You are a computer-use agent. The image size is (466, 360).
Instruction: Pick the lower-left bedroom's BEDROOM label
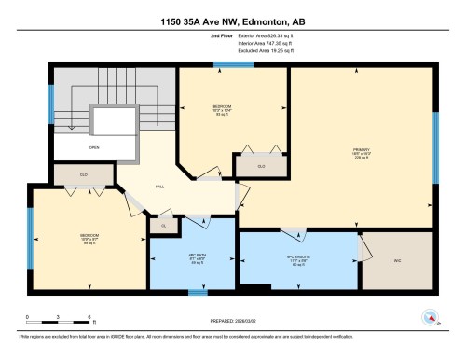(x=89, y=235)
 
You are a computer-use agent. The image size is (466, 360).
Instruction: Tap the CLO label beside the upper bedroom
(x=261, y=166)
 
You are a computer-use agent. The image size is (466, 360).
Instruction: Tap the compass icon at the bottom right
(x=430, y=318)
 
